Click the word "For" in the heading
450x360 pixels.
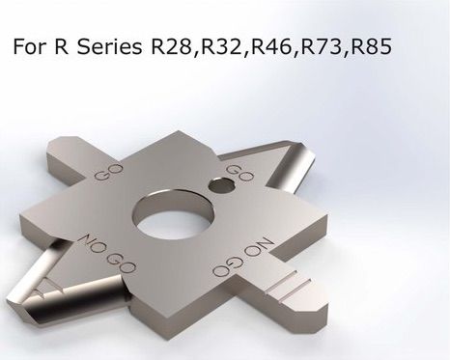click(30, 46)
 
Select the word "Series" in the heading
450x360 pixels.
click(109, 46)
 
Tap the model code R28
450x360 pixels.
click(172, 46)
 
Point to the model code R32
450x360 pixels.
click(222, 46)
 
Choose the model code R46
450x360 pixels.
click(272, 46)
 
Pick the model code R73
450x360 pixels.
click(322, 46)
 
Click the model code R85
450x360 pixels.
click(371, 46)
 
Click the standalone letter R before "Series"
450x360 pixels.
click(61, 46)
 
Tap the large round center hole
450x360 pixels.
click(174, 215)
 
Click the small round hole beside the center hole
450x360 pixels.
click(220, 184)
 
